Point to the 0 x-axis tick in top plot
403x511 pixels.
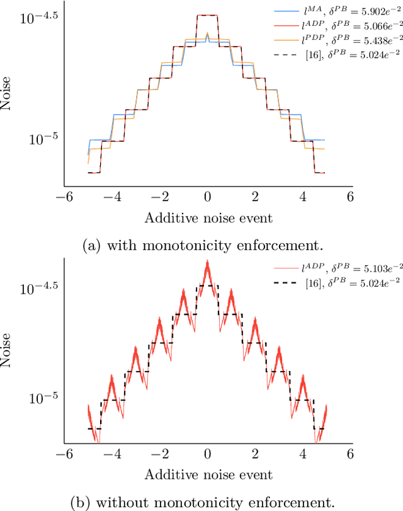pos(207,197)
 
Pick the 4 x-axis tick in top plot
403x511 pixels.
pos(304,197)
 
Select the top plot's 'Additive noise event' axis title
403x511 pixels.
pos(208,218)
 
